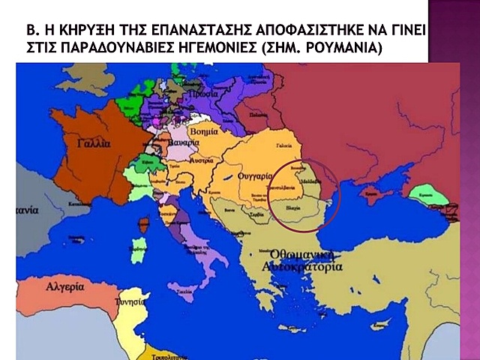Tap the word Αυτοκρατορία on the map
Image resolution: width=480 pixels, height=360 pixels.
(302, 266)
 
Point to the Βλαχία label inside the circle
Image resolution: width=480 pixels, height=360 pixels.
(295, 202)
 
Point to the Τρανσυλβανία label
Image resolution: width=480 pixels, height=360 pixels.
(285, 190)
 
